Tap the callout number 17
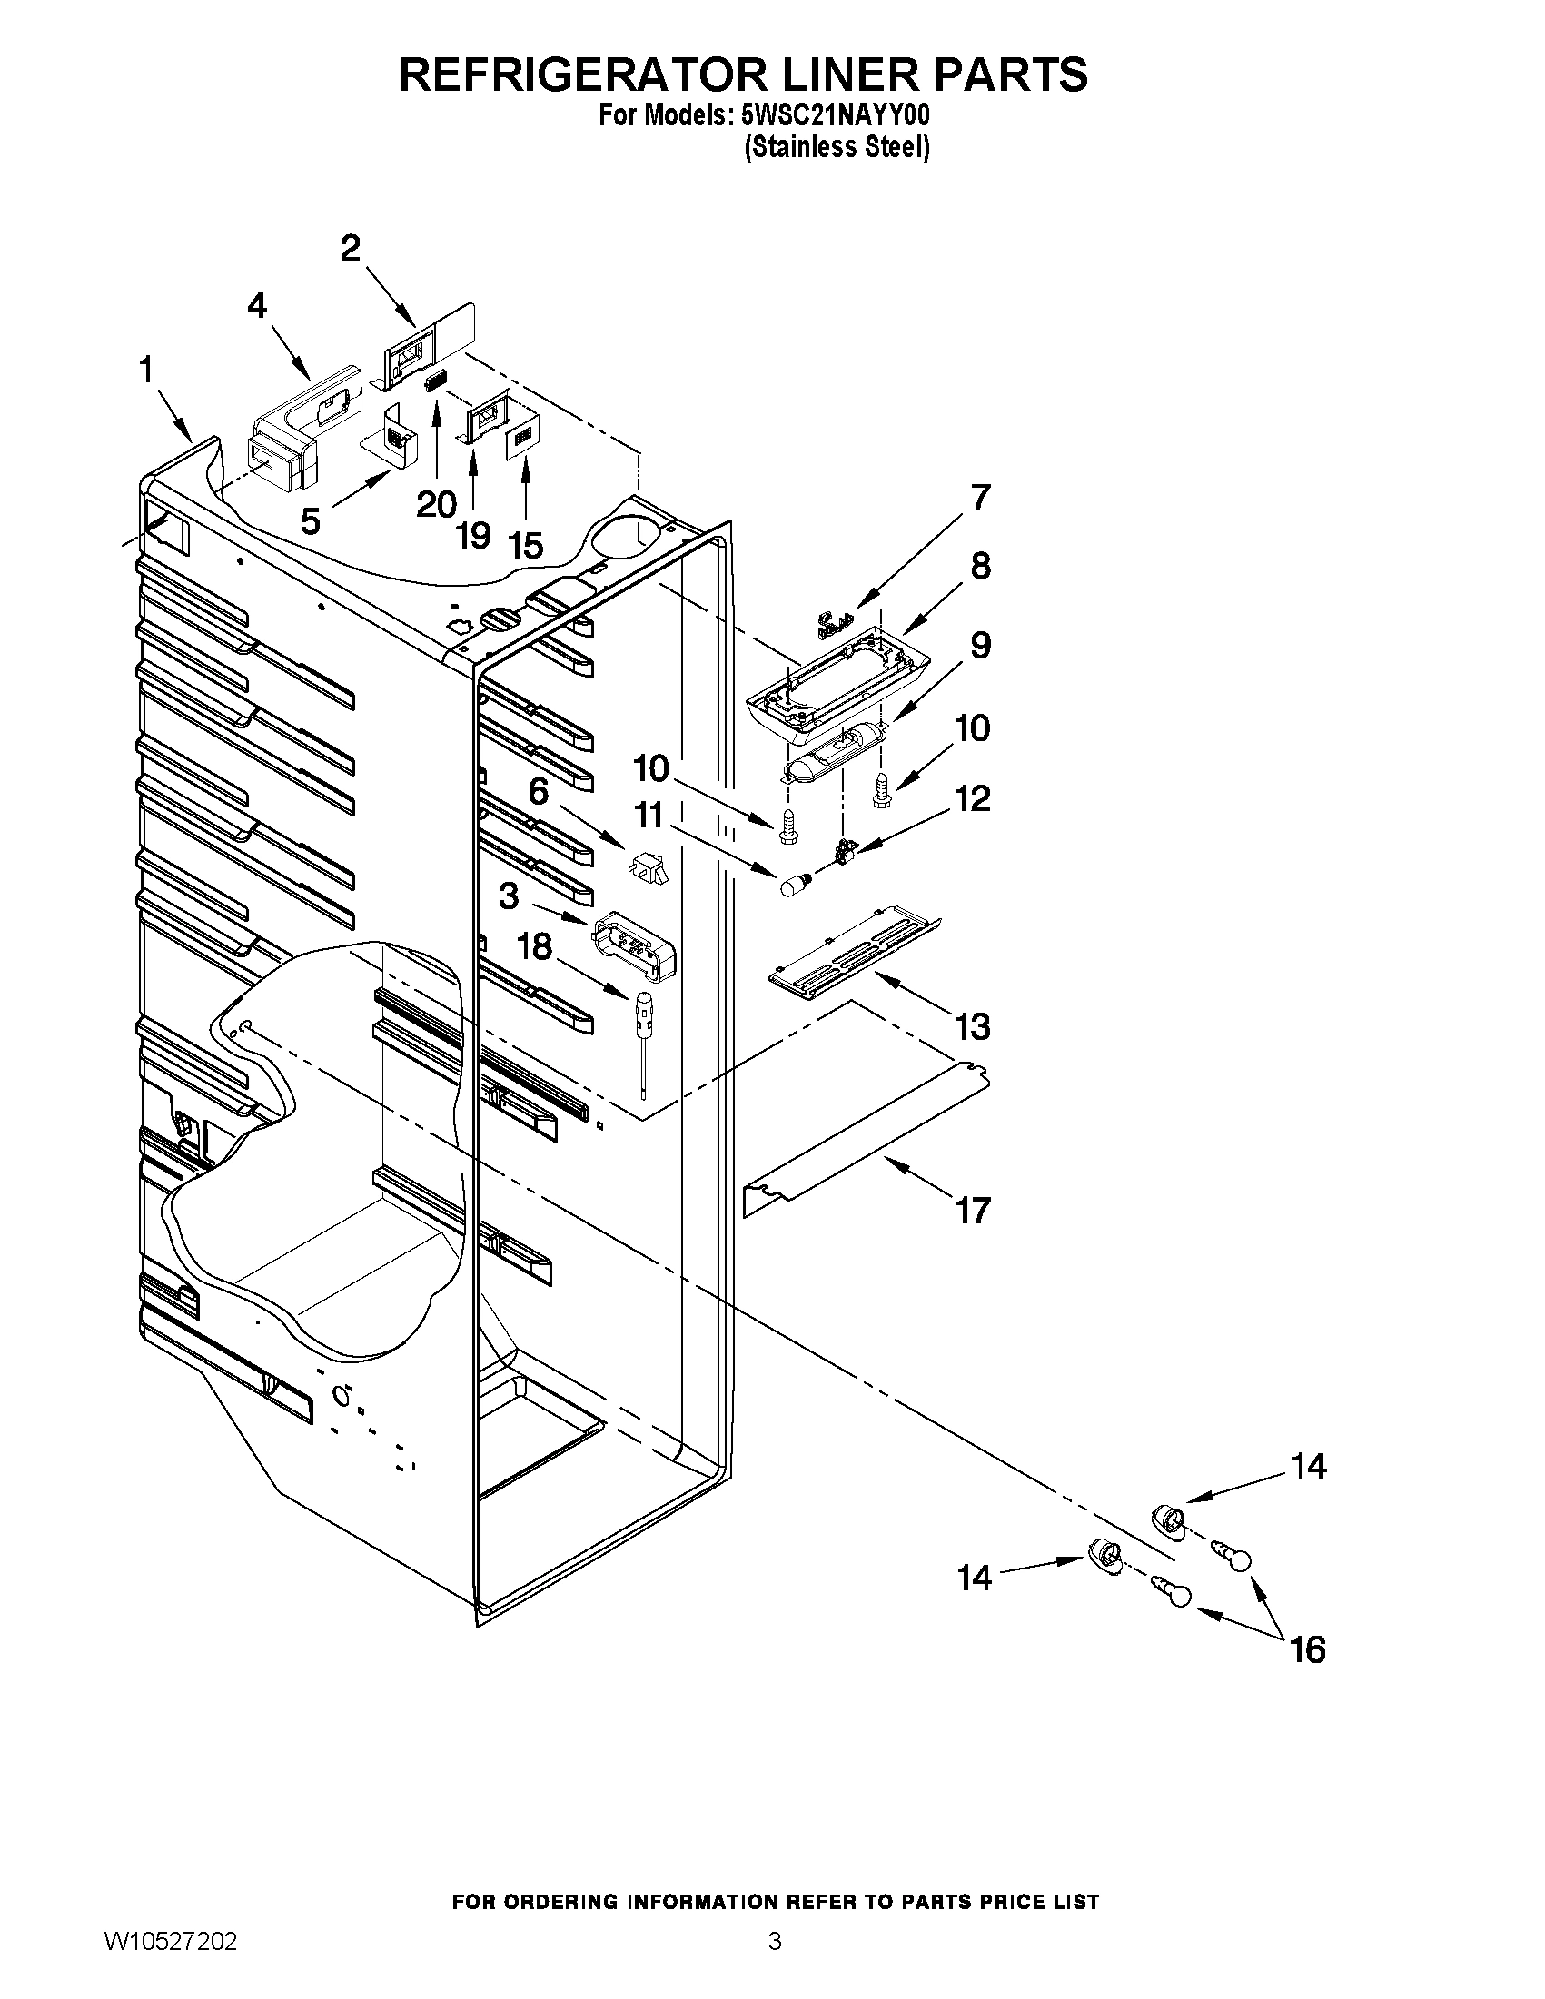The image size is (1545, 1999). tap(973, 1211)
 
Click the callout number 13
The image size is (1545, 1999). tap(973, 1027)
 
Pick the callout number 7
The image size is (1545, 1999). tap(979, 498)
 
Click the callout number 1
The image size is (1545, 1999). tap(145, 371)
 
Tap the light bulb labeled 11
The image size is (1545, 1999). tap(793, 885)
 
